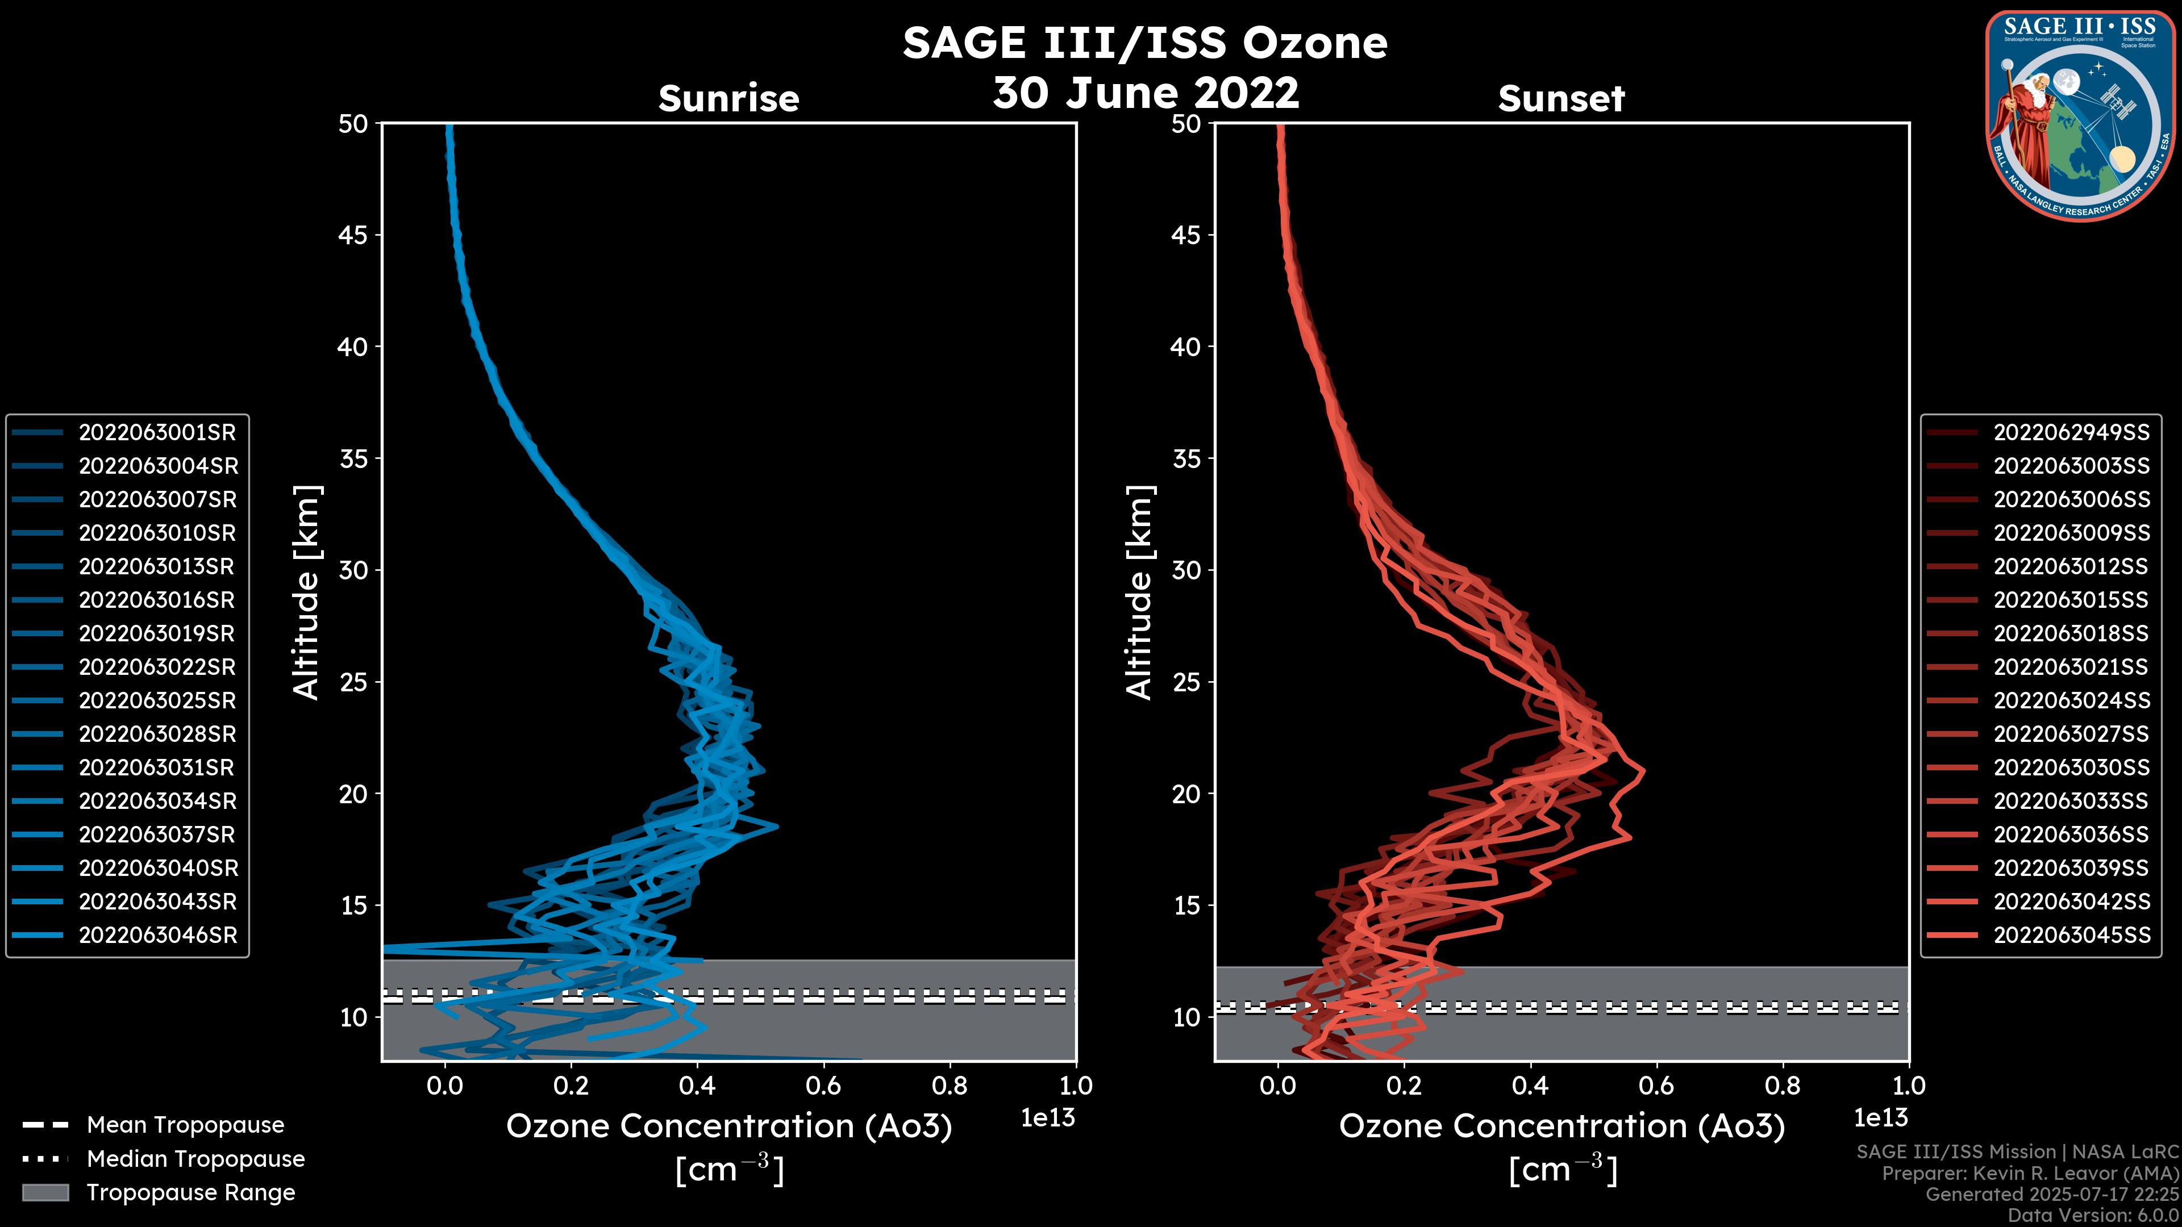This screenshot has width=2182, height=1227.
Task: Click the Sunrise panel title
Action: tap(728, 98)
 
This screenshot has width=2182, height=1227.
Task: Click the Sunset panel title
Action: tap(1561, 98)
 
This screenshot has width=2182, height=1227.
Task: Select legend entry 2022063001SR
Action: tap(157, 433)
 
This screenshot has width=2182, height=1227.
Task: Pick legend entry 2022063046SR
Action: tap(157, 936)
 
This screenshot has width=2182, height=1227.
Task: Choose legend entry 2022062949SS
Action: tap(2071, 433)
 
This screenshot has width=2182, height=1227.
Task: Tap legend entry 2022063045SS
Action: tap(2071, 936)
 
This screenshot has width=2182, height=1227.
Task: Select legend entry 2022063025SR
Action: tap(157, 701)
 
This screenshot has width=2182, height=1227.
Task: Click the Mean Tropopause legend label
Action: tap(185, 1125)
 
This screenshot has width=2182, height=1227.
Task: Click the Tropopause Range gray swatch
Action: tap(45, 1193)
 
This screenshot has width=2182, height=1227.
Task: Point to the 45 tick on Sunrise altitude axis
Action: tap(353, 235)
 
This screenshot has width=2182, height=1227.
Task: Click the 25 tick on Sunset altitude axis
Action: tap(1186, 682)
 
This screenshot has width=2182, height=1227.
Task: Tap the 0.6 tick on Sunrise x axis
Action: tap(823, 1086)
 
